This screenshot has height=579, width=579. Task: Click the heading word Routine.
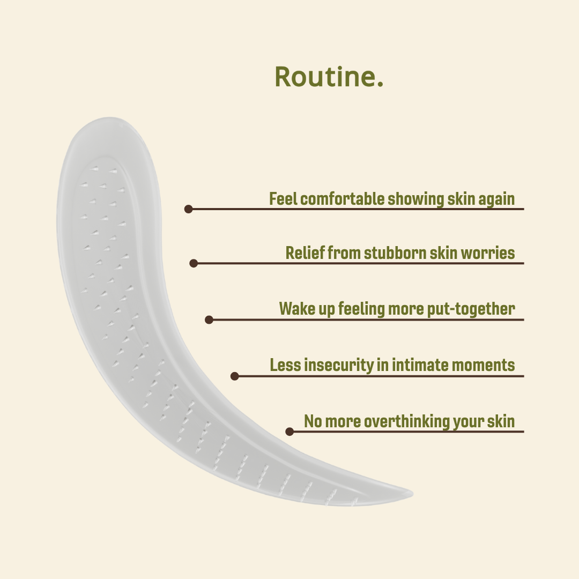[x=329, y=77]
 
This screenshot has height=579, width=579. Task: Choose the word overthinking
[x=406, y=421]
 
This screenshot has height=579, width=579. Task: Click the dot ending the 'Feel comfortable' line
[x=188, y=209]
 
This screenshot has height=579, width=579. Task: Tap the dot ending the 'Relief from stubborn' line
[x=194, y=263]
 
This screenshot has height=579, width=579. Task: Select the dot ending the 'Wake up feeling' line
[x=209, y=320]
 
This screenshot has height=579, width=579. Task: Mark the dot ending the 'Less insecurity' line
[x=234, y=376]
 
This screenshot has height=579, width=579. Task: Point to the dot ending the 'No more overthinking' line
[x=289, y=431]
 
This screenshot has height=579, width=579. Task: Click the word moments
[x=483, y=366]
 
